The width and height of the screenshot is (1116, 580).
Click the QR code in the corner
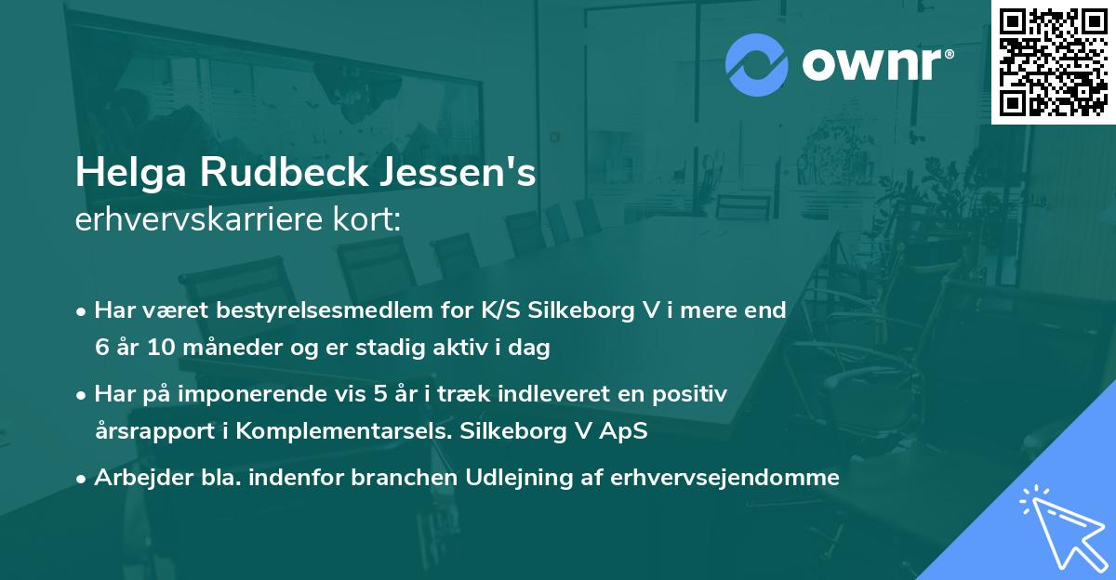click(x=1053, y=62)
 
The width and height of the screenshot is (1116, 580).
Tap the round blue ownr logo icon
click(x=755, y=64)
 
